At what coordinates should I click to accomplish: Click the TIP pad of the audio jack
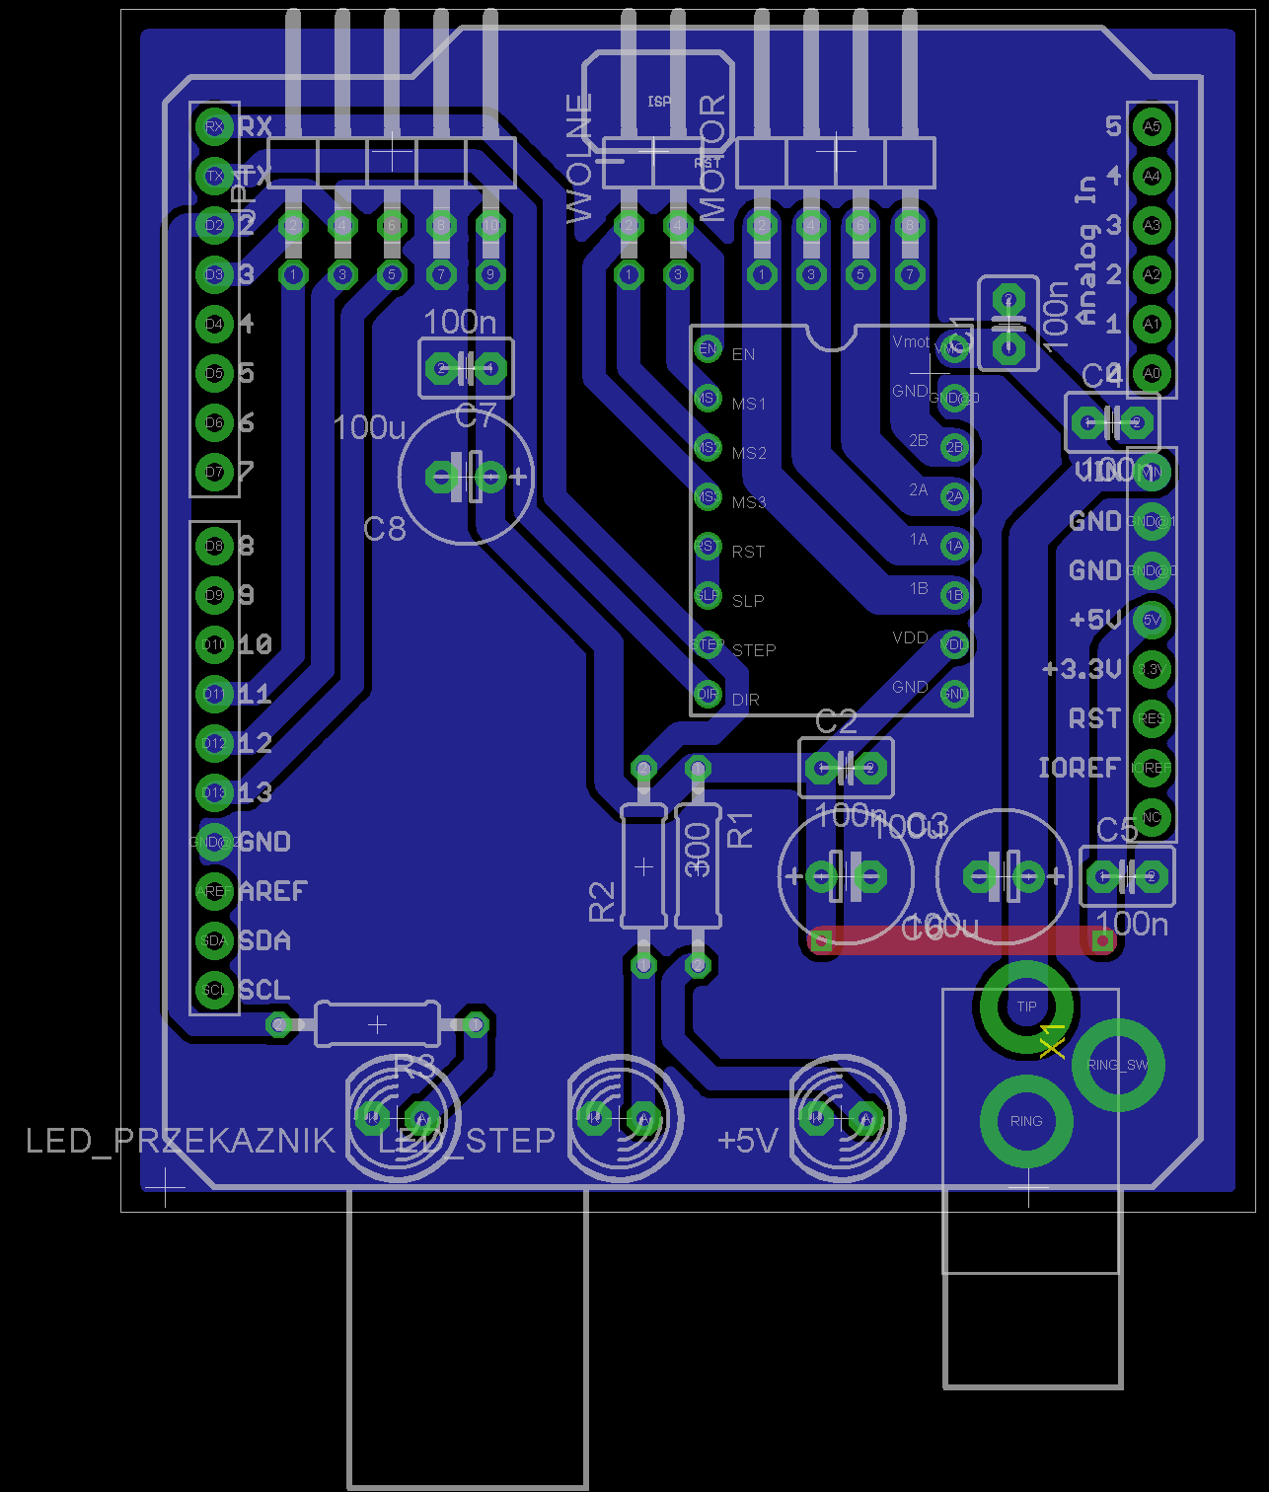point(1026,1007)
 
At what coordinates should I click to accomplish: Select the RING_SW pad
point(1117,1065)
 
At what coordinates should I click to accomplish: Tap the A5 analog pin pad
point(1152,126)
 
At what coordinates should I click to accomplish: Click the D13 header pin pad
point(214,792)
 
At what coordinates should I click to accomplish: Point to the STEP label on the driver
point(754,650)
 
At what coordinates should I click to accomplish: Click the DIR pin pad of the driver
point(708,694)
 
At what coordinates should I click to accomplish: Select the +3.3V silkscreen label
point(1082,669)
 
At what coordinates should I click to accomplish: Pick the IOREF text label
point(1079,768)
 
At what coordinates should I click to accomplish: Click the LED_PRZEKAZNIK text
point(180,1141)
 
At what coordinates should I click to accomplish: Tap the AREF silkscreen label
point(273,891)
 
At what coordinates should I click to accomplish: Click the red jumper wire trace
point(962,940)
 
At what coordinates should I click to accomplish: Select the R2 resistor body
point(643,866)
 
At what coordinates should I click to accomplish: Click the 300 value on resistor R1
point(698,849)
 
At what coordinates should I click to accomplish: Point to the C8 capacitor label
point(385,530)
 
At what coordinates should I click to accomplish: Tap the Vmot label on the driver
point(911,341)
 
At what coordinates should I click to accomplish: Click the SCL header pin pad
point(214,990)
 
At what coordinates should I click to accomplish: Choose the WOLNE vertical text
point(579,158)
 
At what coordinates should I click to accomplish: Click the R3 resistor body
point(377,1024)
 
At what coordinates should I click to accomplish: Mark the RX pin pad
point(214,126)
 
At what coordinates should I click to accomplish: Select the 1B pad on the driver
point(954,595)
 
